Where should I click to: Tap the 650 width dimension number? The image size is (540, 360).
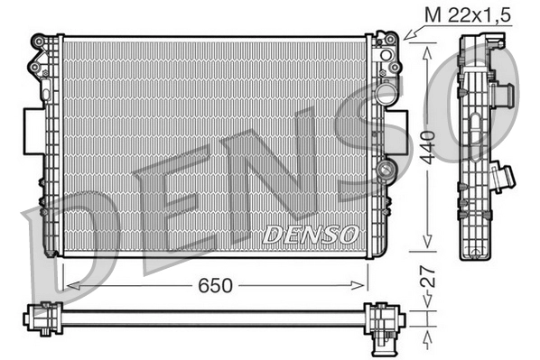pos(217,285)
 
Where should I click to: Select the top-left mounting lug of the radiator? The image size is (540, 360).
pos(42,42)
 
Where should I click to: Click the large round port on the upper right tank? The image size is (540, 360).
pos(386,93)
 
